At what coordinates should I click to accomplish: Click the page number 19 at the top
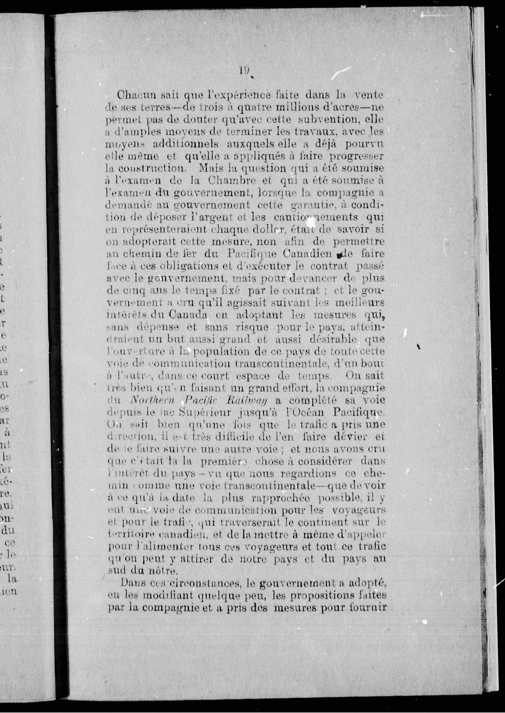tap(244, 71)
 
